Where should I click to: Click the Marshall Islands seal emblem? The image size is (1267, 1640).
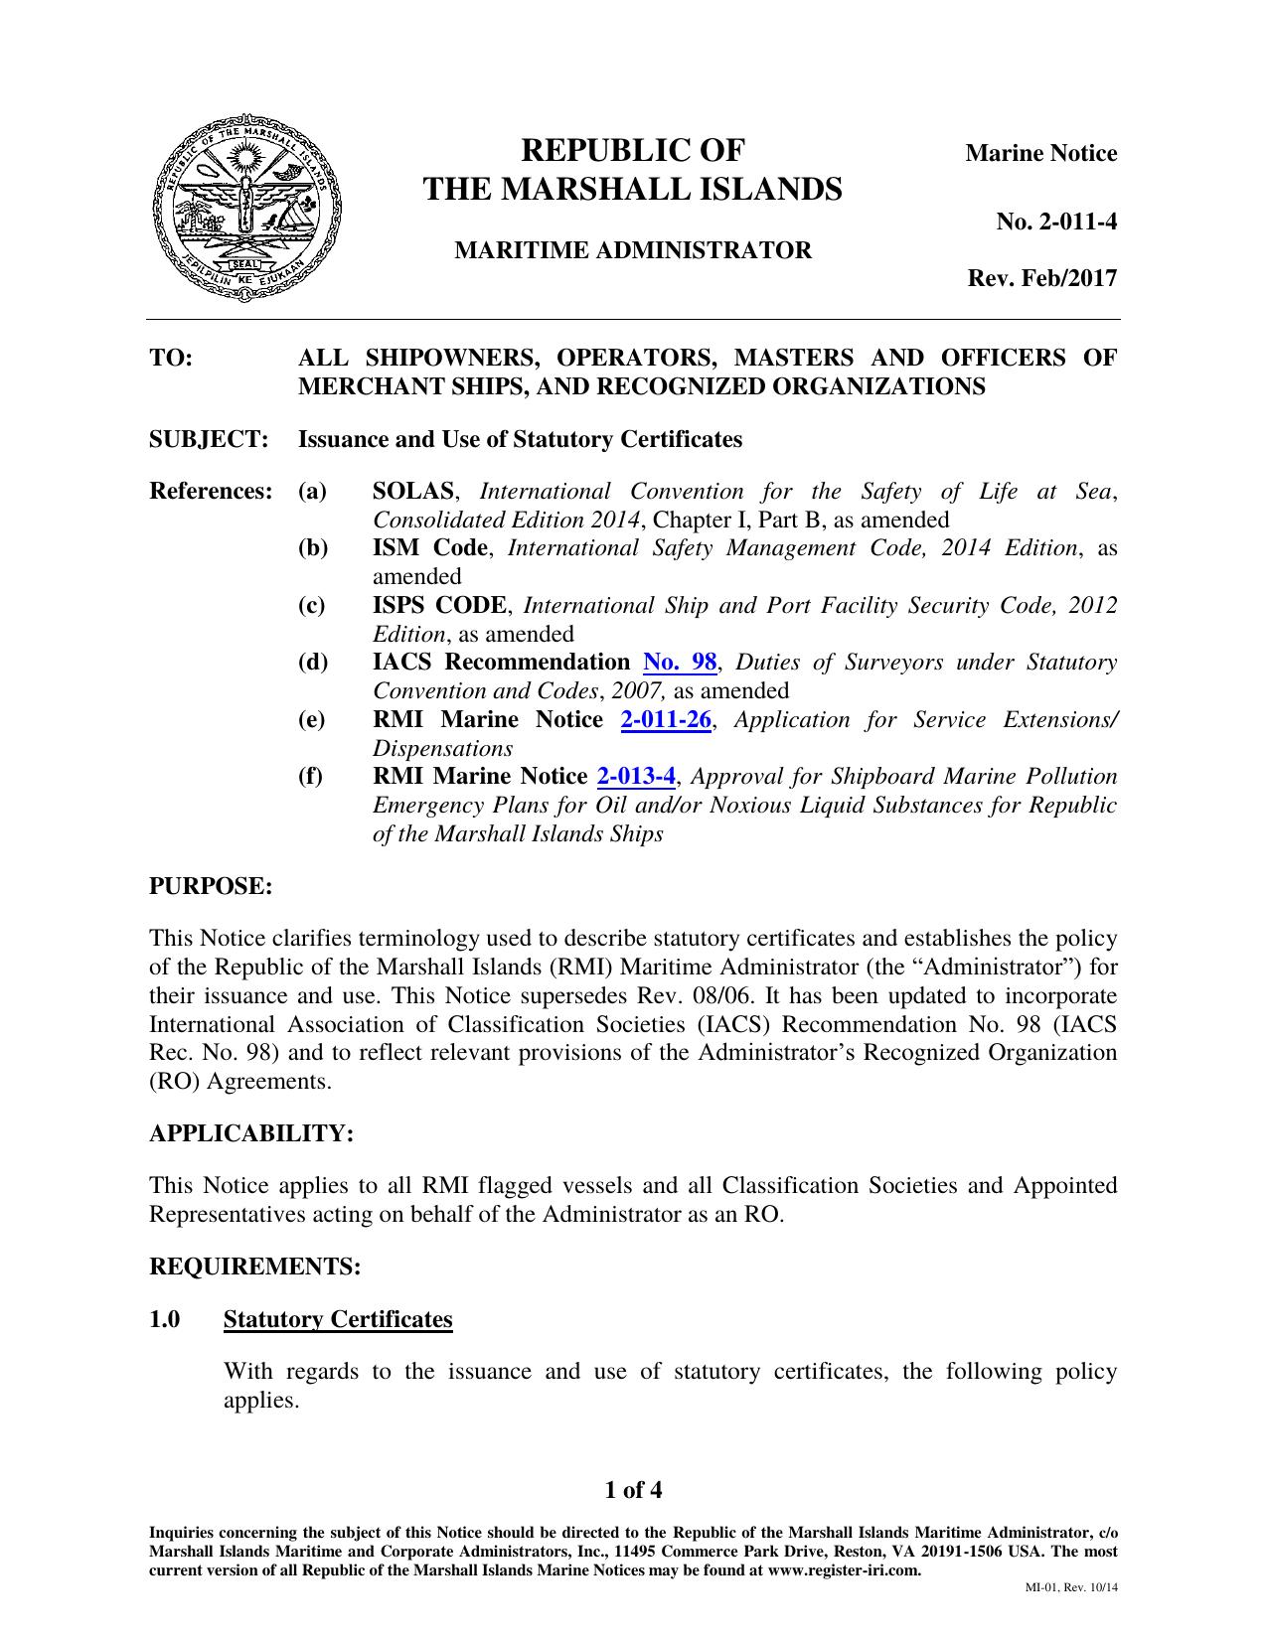point(245,208)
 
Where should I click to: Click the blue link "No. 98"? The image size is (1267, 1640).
point(680,663)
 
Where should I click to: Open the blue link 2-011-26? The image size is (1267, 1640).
point(666,720)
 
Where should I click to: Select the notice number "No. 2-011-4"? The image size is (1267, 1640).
point(1056,222)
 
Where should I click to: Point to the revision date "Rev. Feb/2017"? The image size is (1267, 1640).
point(1042,278)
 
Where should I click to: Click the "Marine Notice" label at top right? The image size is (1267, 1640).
point(1041,154)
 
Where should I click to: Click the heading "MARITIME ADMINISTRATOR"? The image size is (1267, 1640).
point(633,250)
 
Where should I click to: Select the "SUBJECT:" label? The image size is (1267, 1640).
point(209,439)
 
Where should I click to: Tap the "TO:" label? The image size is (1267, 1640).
point(171,358)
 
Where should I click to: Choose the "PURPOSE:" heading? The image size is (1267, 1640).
point(210,886)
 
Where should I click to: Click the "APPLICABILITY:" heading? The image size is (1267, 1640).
point(251,1133)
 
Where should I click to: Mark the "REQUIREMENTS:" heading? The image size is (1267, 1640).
point(254,1267)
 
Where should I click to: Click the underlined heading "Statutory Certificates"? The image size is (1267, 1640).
point(338,1319)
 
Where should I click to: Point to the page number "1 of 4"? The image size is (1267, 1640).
point(633,1490)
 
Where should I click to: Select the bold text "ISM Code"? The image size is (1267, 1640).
point(429,548)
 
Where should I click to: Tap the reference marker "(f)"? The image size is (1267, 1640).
point(311,777)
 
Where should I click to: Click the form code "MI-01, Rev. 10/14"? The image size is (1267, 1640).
point(1071,1587)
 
